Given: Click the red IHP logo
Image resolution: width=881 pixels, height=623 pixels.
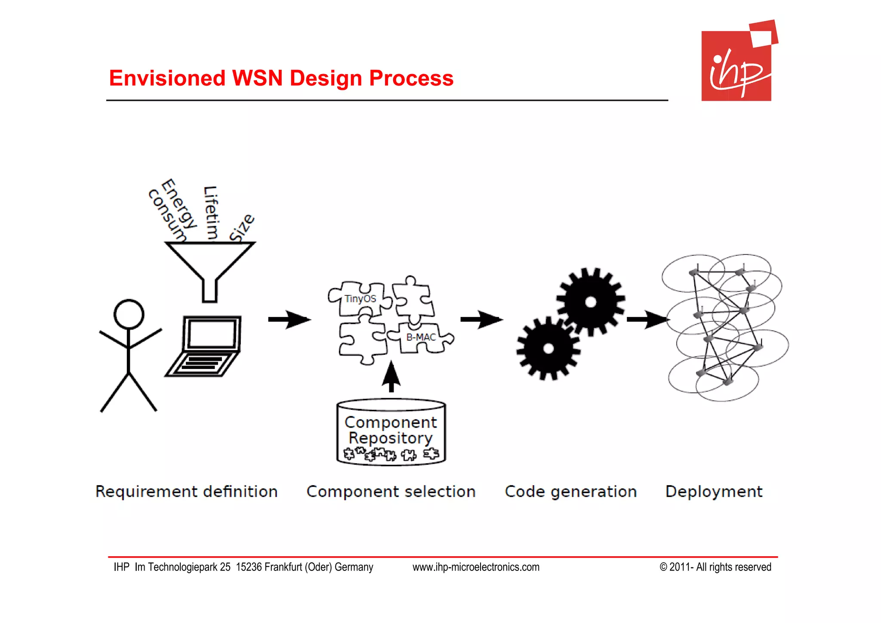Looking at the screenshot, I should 737,65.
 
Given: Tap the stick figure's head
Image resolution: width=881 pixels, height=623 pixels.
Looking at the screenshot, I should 129,314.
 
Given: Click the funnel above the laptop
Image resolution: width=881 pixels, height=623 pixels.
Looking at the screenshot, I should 210,263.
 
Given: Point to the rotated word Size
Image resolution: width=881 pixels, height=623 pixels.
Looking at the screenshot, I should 242,227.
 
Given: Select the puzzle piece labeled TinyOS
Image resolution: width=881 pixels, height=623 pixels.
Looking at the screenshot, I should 360,298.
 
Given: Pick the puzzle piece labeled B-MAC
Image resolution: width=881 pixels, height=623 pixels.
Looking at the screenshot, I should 421,338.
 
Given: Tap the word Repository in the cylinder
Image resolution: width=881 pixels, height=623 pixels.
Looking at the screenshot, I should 390,438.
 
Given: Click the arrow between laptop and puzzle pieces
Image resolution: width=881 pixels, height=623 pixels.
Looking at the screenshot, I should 289,319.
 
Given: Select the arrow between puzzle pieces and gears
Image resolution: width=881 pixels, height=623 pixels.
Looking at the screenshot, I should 481,319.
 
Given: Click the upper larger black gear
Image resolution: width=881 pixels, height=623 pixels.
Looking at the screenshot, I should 590,301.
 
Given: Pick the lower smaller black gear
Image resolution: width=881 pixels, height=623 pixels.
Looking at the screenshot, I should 548,348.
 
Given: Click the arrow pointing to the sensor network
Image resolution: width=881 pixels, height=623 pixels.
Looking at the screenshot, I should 647,319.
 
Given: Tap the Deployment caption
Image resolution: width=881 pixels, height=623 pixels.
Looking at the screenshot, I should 714,492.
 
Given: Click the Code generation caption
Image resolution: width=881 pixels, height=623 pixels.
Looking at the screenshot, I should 570,492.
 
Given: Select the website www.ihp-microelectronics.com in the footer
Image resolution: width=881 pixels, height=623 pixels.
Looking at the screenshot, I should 476,567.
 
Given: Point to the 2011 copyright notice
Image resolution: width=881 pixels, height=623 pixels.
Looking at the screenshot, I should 715,567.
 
